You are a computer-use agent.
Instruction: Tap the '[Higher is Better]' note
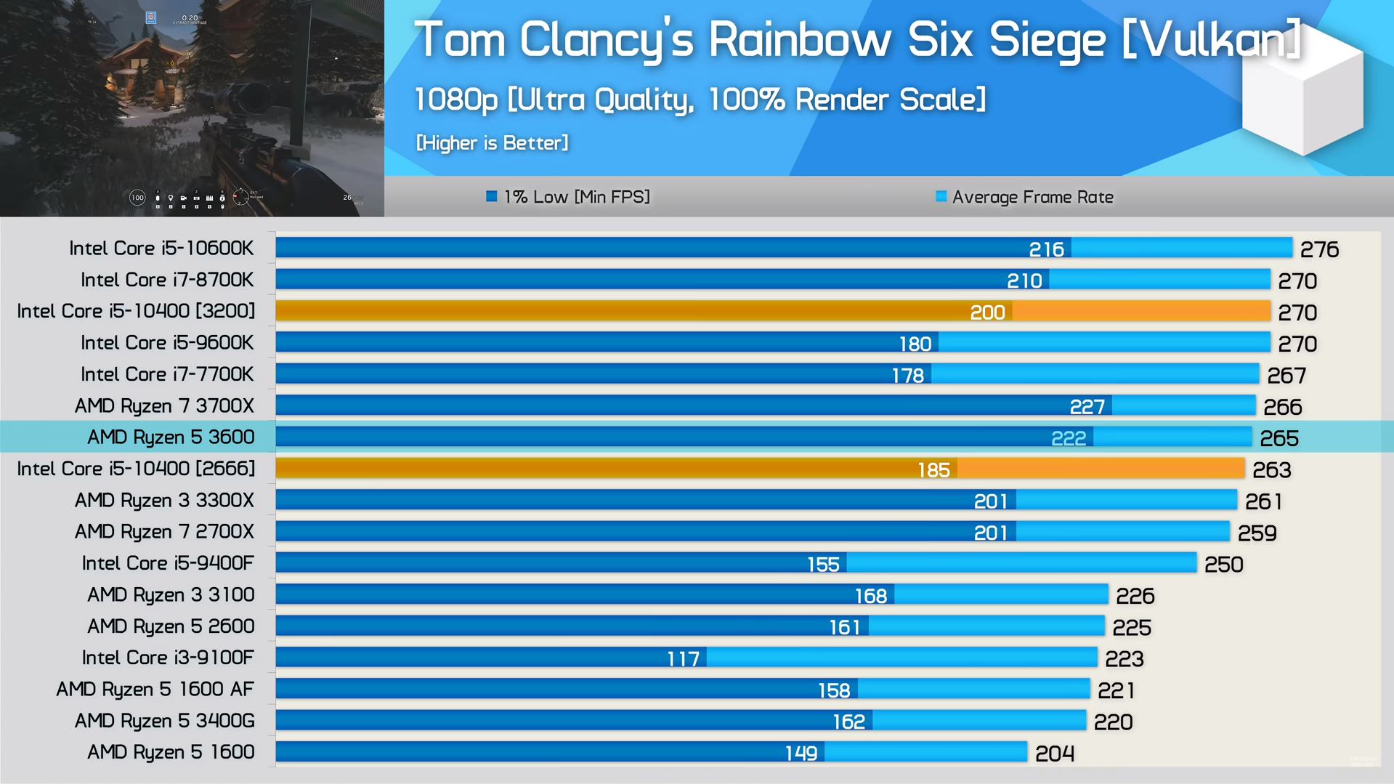(492, 143)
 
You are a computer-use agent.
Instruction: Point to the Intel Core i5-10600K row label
(161, 248)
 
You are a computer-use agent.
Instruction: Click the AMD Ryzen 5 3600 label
(171, 437)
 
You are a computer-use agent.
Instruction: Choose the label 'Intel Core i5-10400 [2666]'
(136, 469)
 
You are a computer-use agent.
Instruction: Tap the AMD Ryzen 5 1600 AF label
(155, 689)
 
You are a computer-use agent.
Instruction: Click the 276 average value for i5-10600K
(1319, 250)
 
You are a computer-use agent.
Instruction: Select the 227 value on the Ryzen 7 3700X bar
(1087, 407)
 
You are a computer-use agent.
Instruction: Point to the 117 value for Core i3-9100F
(683, 659)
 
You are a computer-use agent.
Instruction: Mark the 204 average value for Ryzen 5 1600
(1054, 753)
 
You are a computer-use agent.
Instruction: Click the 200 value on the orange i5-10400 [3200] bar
(987, 312)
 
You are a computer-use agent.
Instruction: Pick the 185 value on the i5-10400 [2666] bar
(933, 470)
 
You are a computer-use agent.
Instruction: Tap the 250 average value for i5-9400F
(1223, 565)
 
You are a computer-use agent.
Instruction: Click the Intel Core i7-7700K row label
(167, 374)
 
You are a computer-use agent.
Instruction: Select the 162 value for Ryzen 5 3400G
(848, 722)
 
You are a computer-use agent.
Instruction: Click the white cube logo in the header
(1302, 94)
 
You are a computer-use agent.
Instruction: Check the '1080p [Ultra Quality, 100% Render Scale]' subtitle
(700, 100)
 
